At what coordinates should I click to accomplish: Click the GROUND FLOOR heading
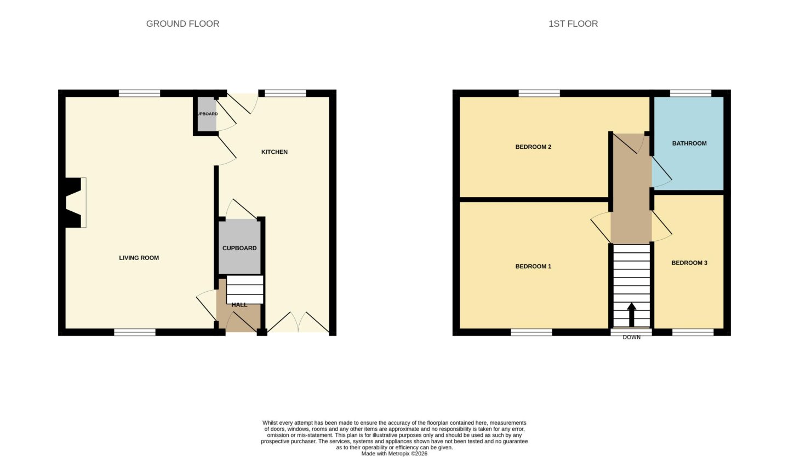(182, 24)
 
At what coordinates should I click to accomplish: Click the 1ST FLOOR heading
(573, 24)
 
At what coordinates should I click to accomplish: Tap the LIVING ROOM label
(139, 258)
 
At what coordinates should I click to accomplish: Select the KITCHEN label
(275, 152)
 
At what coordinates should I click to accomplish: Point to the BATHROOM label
(689, 143)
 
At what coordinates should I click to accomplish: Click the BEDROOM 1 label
(533, 267)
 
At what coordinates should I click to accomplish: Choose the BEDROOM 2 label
(533, 147)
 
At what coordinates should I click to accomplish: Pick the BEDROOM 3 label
(689, 263)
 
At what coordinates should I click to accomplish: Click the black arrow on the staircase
(632, 315)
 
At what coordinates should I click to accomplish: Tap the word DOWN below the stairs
(632, 337)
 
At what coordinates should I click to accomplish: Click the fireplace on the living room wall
(75, 203)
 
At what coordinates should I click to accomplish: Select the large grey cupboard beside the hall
(239, 247)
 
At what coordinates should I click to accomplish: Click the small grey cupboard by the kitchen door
(207, 114)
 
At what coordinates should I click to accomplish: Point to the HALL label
(239, 305)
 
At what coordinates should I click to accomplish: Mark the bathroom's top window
(690, 93)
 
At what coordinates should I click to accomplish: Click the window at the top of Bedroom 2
(539, 93)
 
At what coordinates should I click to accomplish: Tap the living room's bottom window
(135, 332)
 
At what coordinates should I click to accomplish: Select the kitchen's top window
(285, 93)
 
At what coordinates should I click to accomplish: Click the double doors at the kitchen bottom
(298, 322)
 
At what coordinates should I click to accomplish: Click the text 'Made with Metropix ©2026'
(394, 454)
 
